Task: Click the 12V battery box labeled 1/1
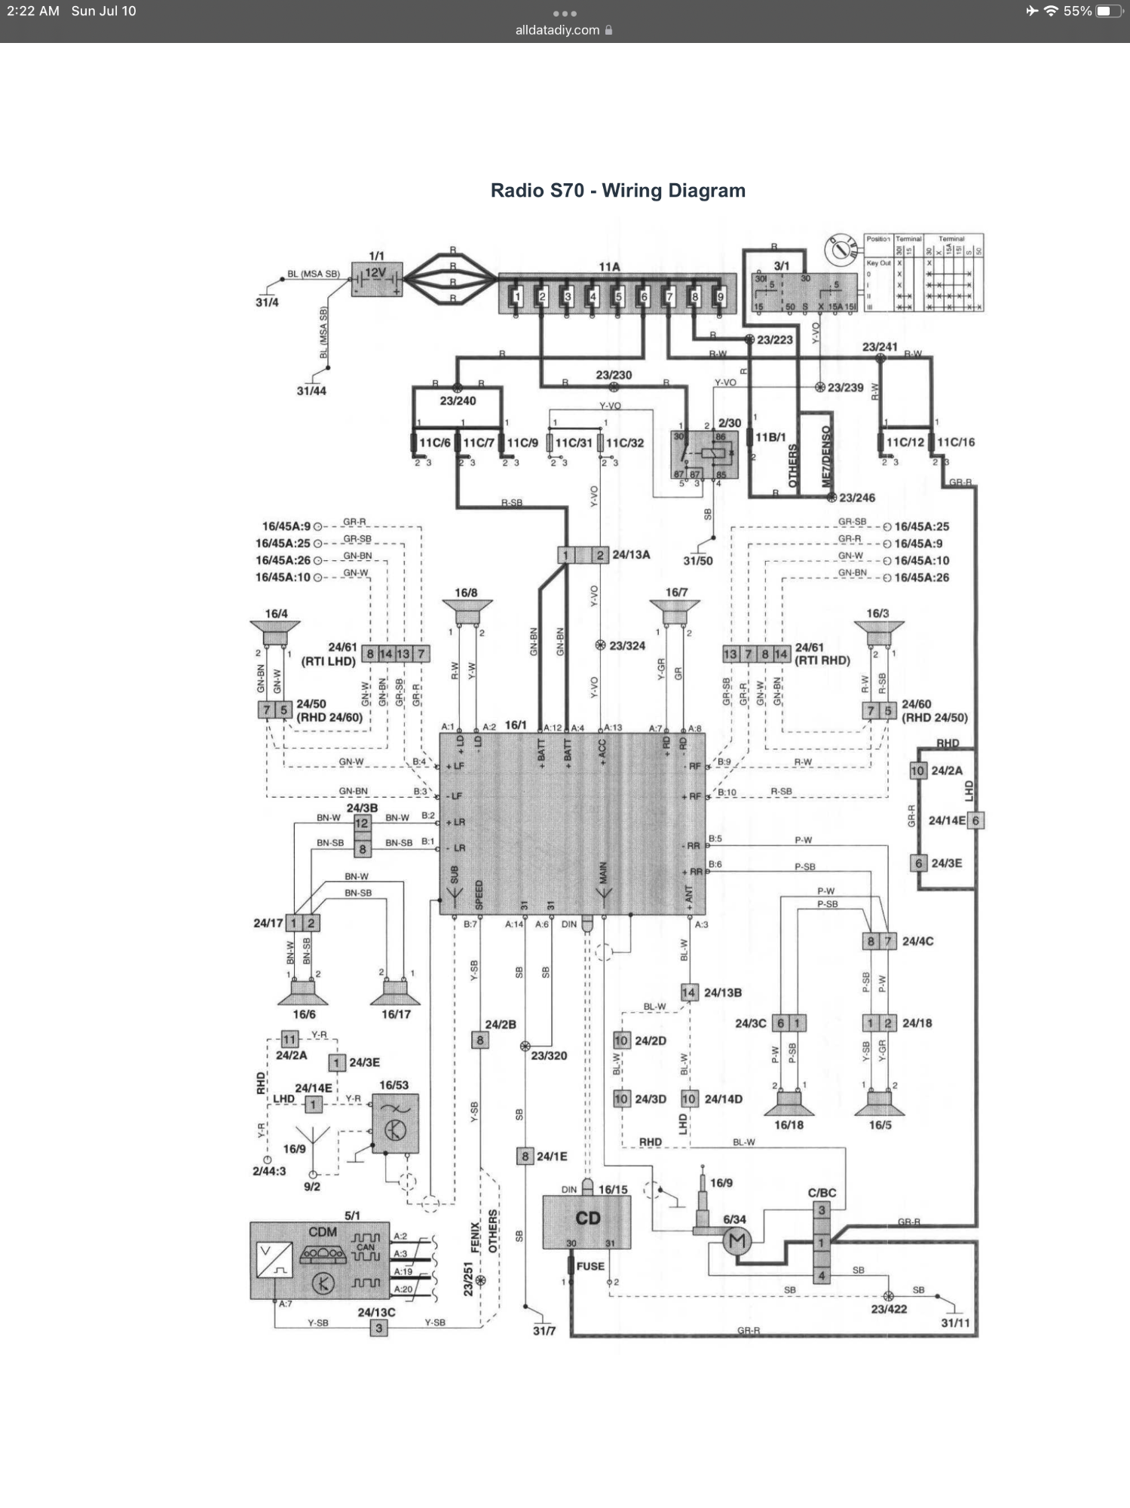coord(377,279)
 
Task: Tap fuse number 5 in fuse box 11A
coord(618,296)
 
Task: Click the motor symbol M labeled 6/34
coord(736,1240)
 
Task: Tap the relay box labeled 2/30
coord(704,455)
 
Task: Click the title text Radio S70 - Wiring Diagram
coord(617,191)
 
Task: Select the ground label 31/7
coord(544,1331)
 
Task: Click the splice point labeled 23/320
coord(525,1046)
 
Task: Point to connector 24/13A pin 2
coord(600,555)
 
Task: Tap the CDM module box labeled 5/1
coord(320,1261)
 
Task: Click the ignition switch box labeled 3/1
coord(804,293)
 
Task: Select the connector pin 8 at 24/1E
coord(525,1156)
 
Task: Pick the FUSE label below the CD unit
coord(590,1266)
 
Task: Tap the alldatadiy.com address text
coord(557,30)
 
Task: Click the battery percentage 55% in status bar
coord(1077,11)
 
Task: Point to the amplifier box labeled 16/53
coord(395,1123)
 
